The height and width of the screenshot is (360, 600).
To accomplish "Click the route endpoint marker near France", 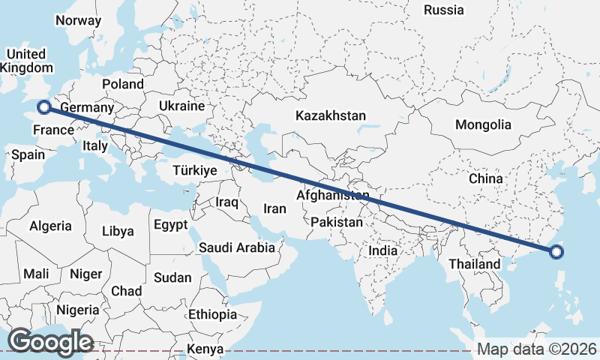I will tap(44, 107).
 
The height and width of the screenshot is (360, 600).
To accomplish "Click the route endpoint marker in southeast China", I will tap(556, 252).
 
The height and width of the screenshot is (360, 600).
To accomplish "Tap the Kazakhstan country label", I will tap(330, 116).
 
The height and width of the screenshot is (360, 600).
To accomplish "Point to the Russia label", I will tap(444, 10).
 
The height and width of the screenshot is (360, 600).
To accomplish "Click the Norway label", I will tap(78, 21).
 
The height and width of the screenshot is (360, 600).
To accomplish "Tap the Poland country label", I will tap(123, 84).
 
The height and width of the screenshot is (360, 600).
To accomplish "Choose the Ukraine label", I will tap(181, 106).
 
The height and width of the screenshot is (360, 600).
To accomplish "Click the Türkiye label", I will tap(194, 170).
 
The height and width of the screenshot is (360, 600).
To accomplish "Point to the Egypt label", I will tap(170, 224).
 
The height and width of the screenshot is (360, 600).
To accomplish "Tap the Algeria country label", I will tap(51, 226).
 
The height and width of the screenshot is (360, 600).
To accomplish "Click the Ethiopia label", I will tap(213, 314).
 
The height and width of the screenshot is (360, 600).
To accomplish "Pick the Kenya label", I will tap(205, 349).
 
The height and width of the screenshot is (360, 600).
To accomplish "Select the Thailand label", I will tap(474, 265).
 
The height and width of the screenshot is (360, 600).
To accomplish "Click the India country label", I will tap(383, 250).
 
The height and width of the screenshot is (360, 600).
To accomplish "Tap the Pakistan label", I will tap(336, 223).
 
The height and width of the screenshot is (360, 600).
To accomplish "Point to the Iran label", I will tap(275, 208).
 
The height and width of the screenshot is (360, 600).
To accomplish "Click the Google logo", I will tap(50, 342).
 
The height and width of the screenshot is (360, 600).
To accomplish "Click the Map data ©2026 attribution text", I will tap(537, 349).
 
